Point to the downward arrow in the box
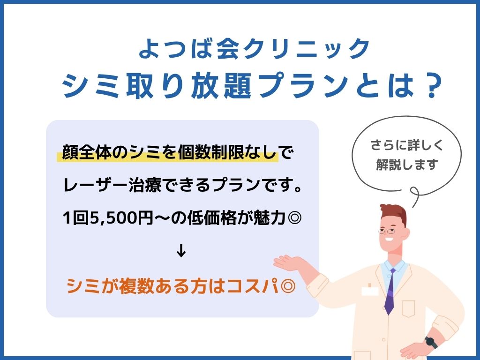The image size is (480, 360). click(181, 251)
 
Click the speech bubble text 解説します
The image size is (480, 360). click(407, 165)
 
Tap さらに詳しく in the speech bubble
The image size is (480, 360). click(407, 145)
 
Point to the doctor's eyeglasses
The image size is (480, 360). click(389, 231)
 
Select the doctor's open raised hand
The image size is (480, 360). click(287, 262)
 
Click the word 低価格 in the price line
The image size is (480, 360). click(216, 219)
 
